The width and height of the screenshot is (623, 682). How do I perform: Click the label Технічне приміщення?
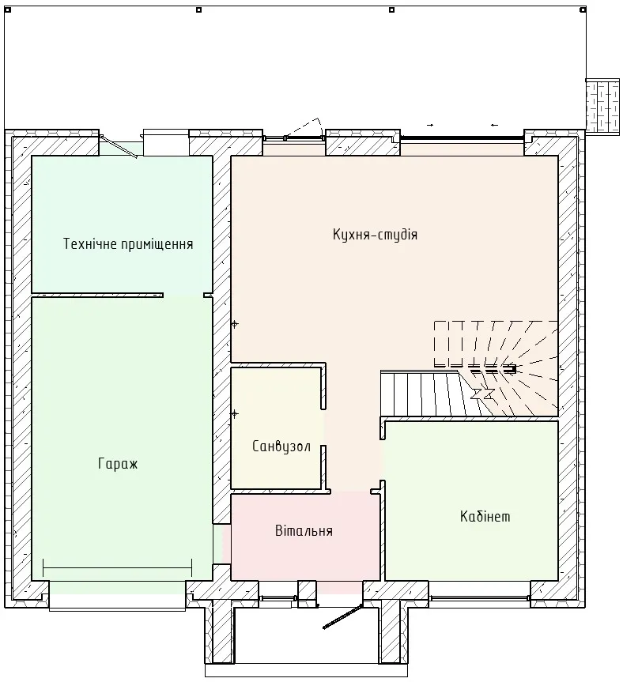click(128, 243)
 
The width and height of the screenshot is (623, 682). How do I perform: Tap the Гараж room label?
click(118, 464)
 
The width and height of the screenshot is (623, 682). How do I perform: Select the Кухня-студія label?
click(375, 235)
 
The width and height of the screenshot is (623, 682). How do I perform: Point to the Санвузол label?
click(281, 447)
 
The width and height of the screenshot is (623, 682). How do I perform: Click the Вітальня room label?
click(304, 530)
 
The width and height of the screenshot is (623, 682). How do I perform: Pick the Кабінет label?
click(485, 516)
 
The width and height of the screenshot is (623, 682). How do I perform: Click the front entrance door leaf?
click(343, 616)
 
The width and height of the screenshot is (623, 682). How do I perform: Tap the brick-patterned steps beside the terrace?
click(602, 107)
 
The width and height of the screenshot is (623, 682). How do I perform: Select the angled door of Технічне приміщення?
click(119, 146)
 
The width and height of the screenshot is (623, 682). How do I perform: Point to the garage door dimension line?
click(118, 568)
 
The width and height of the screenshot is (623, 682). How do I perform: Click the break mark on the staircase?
click(482, 394)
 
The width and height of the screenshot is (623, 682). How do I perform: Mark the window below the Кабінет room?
click(479, 599)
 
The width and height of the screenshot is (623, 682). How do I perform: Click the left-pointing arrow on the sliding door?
click(494, 126)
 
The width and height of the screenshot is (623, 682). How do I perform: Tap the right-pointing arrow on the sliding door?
click(430, 126)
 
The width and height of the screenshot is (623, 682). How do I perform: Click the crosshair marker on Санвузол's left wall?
click(235, 413)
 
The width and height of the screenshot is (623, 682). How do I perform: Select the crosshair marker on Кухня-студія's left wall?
click(235, 324)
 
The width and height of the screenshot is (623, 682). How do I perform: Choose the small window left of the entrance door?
click(278, 599)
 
